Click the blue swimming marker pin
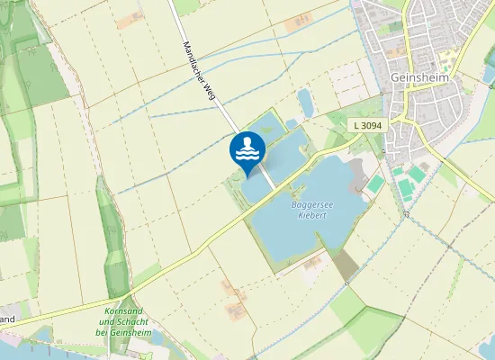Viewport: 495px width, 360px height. pos(247,151)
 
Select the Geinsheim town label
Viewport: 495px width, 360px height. pos(420,78)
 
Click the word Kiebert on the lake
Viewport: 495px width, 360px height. pos(312,216)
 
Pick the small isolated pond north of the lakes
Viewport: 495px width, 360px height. pos(306,103)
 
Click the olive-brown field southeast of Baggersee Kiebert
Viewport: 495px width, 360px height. pos(345,265)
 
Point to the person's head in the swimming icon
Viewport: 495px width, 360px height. pos(247,141)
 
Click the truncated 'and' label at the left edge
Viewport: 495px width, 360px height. pos(7,319)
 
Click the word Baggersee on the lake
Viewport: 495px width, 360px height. pos(312,205)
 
